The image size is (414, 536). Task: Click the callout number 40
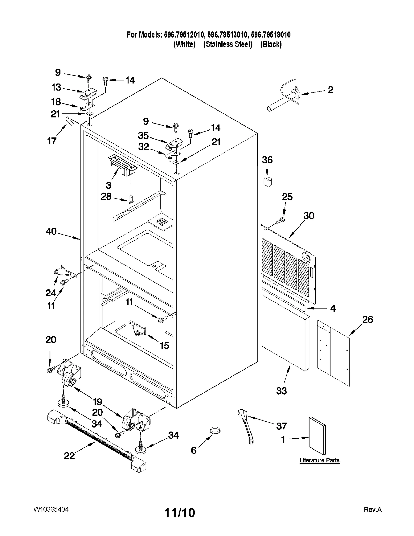(51, 231)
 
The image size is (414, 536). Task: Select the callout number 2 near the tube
(330, 90)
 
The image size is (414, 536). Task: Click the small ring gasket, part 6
(215, 431)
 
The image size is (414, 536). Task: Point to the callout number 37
(282, 426)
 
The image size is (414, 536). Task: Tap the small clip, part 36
(268, 182)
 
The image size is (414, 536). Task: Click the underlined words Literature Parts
(320, 460)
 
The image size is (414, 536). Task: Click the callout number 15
(164, 345)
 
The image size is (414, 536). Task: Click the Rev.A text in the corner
(373, 510)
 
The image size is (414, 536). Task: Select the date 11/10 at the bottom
(180, 512)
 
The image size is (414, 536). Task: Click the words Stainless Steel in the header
(228, 44)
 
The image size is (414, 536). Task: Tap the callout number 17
(52, 141)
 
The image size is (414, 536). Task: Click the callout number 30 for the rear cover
(309, 215)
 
